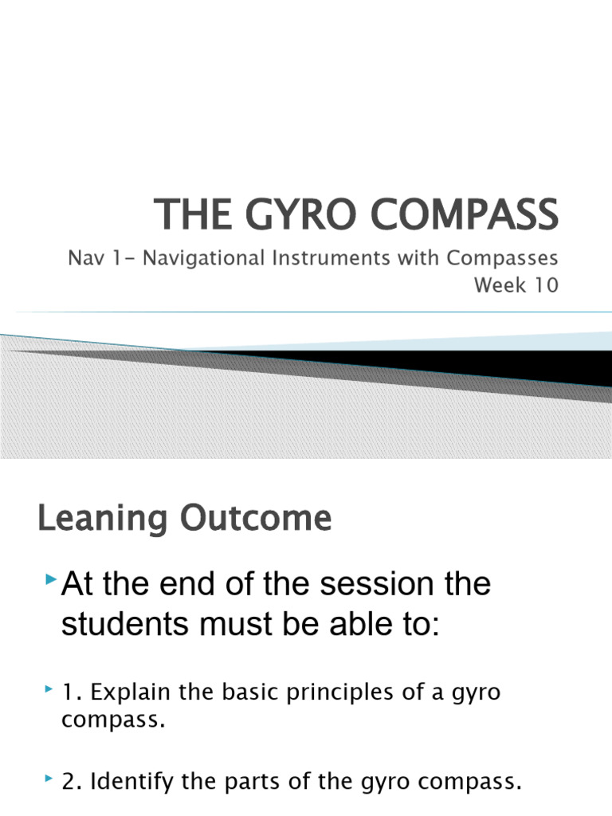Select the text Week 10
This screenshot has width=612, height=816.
click(516, 285)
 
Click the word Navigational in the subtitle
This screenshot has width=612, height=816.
click(179, 259)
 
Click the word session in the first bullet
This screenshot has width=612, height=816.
click(369, 586)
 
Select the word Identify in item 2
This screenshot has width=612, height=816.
click(124, 783)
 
